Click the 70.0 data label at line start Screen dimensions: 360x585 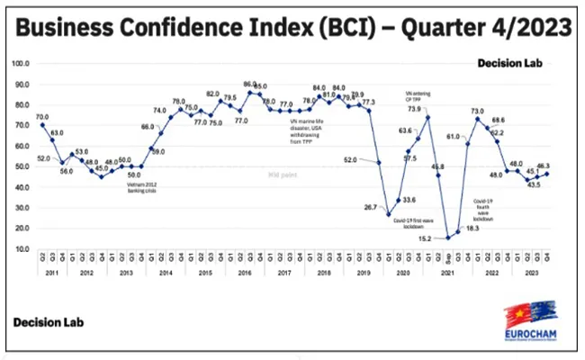[x=42, y=117]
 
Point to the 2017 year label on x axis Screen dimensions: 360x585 [x=284, y=272]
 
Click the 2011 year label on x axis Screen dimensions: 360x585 [x=52, y=272]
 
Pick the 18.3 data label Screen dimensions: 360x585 [x=471, y=229]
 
